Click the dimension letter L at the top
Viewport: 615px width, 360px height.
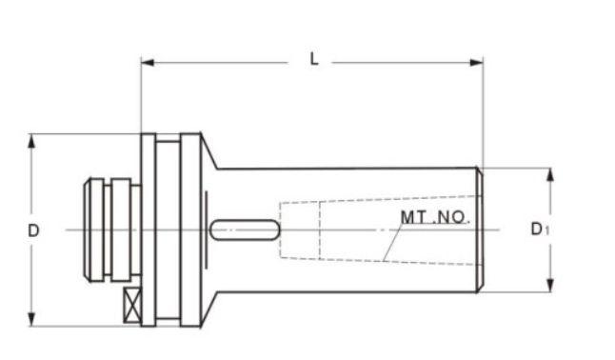click(x=313, y=60)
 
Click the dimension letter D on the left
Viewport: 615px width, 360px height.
click(x=33, y=230)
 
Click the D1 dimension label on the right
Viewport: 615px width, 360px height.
click(x=539, y=230)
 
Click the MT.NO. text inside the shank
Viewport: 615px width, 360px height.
click(x=434, y=217)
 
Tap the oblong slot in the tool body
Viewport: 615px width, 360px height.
click(x=245, y=230)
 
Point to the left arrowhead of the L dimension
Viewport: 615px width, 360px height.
click(x=146, y=64)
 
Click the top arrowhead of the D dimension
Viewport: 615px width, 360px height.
click(x=32, y=139)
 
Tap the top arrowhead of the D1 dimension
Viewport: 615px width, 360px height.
click(x=549, y=174)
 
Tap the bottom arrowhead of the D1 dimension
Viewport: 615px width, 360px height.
click(x=549, y=287)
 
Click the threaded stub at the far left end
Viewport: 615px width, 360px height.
click(x=95, y=230)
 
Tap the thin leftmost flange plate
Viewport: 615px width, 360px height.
click(x=149, y=230)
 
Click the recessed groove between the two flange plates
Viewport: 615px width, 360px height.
click(x=168, y=230)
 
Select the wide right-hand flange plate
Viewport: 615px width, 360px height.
click(x=190, y=230)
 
